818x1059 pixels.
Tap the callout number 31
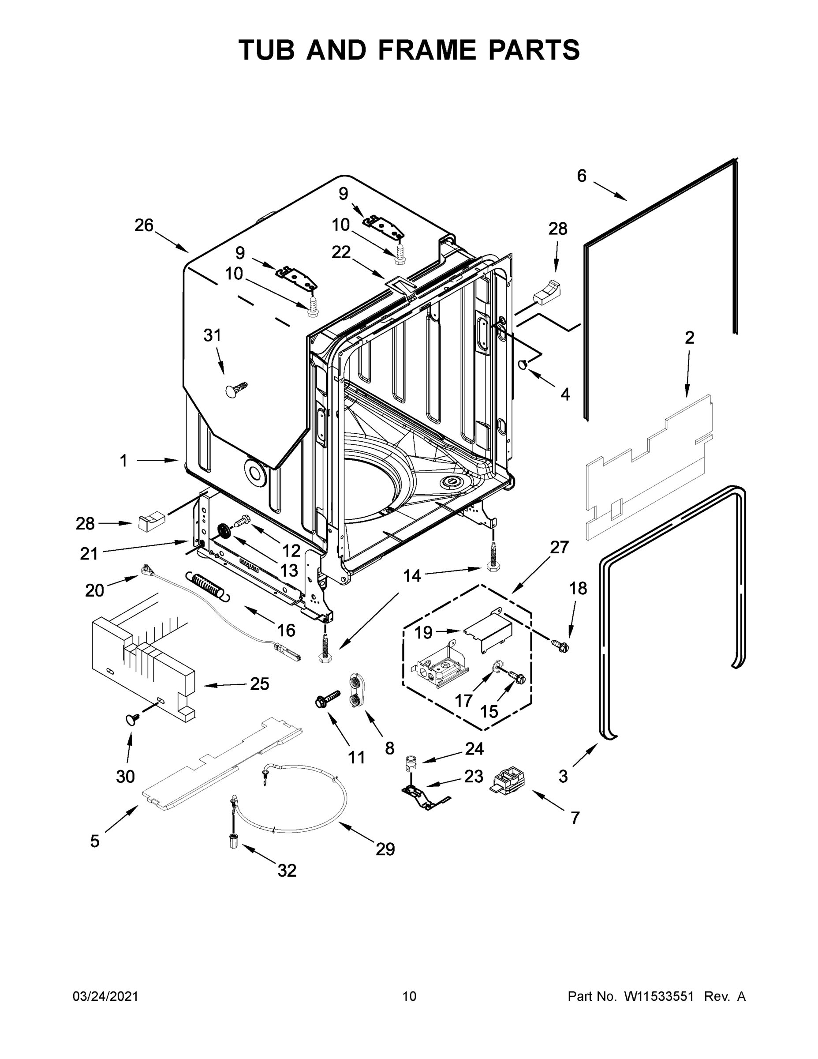click(212, 335)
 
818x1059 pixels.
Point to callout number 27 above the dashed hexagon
click(559, 548)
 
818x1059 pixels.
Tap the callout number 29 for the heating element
click(385, 849)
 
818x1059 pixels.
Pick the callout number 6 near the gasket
click(582, 176)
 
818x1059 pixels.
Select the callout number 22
click(341, 252)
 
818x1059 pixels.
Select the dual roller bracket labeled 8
click(356, 691)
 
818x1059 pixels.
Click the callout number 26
click(144, 225)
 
